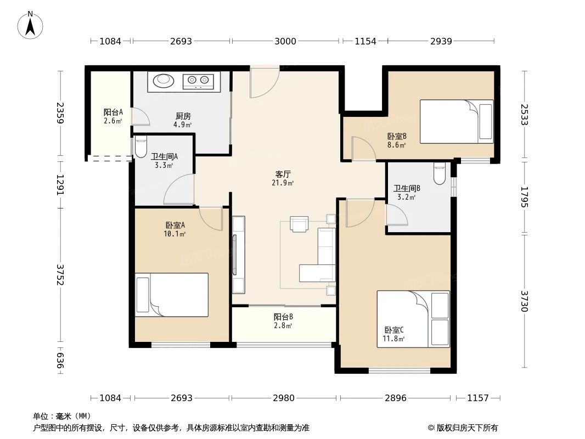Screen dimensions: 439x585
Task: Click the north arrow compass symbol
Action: (31, 25)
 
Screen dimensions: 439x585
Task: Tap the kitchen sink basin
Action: (164, 81)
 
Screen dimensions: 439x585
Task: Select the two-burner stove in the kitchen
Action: (198, 81)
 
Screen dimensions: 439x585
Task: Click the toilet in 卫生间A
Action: (140, 147)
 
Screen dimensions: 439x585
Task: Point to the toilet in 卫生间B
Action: (439, 173)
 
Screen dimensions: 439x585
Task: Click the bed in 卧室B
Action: (457, 121)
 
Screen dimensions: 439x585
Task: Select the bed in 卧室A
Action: (172, 295)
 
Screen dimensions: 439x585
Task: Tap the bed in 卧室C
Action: (413, 319)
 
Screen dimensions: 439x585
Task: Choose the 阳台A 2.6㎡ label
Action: (113, 116)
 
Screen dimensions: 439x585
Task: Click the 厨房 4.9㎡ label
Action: (183, 120)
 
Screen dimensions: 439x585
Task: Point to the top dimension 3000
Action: (285, 41)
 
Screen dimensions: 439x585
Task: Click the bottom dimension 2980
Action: (284, 398)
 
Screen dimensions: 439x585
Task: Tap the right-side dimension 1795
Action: (524, 197)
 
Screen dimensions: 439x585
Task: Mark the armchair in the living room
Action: (300, 224)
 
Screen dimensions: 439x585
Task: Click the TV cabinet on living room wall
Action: (238, 255)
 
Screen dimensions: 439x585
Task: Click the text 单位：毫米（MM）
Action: (62, 416)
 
